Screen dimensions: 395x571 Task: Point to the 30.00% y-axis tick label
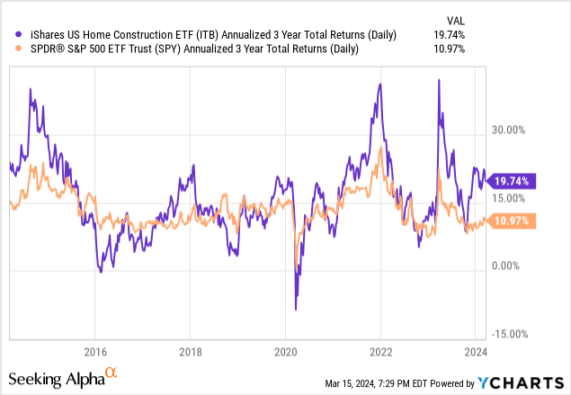tap(517, 130)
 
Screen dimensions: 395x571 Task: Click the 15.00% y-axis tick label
tap(517, 198)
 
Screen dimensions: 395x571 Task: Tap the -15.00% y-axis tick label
tap(516, 333)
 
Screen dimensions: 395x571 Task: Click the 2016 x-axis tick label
tap(95, 352)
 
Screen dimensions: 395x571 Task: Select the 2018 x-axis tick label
tap(190, 352)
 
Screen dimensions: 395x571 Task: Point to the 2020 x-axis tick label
tap(285, 352)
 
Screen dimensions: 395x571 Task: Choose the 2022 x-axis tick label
tap(380, 352)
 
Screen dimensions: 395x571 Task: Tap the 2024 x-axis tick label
tap(476, 352)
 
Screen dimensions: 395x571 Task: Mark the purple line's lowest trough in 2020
tap(296, 310)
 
